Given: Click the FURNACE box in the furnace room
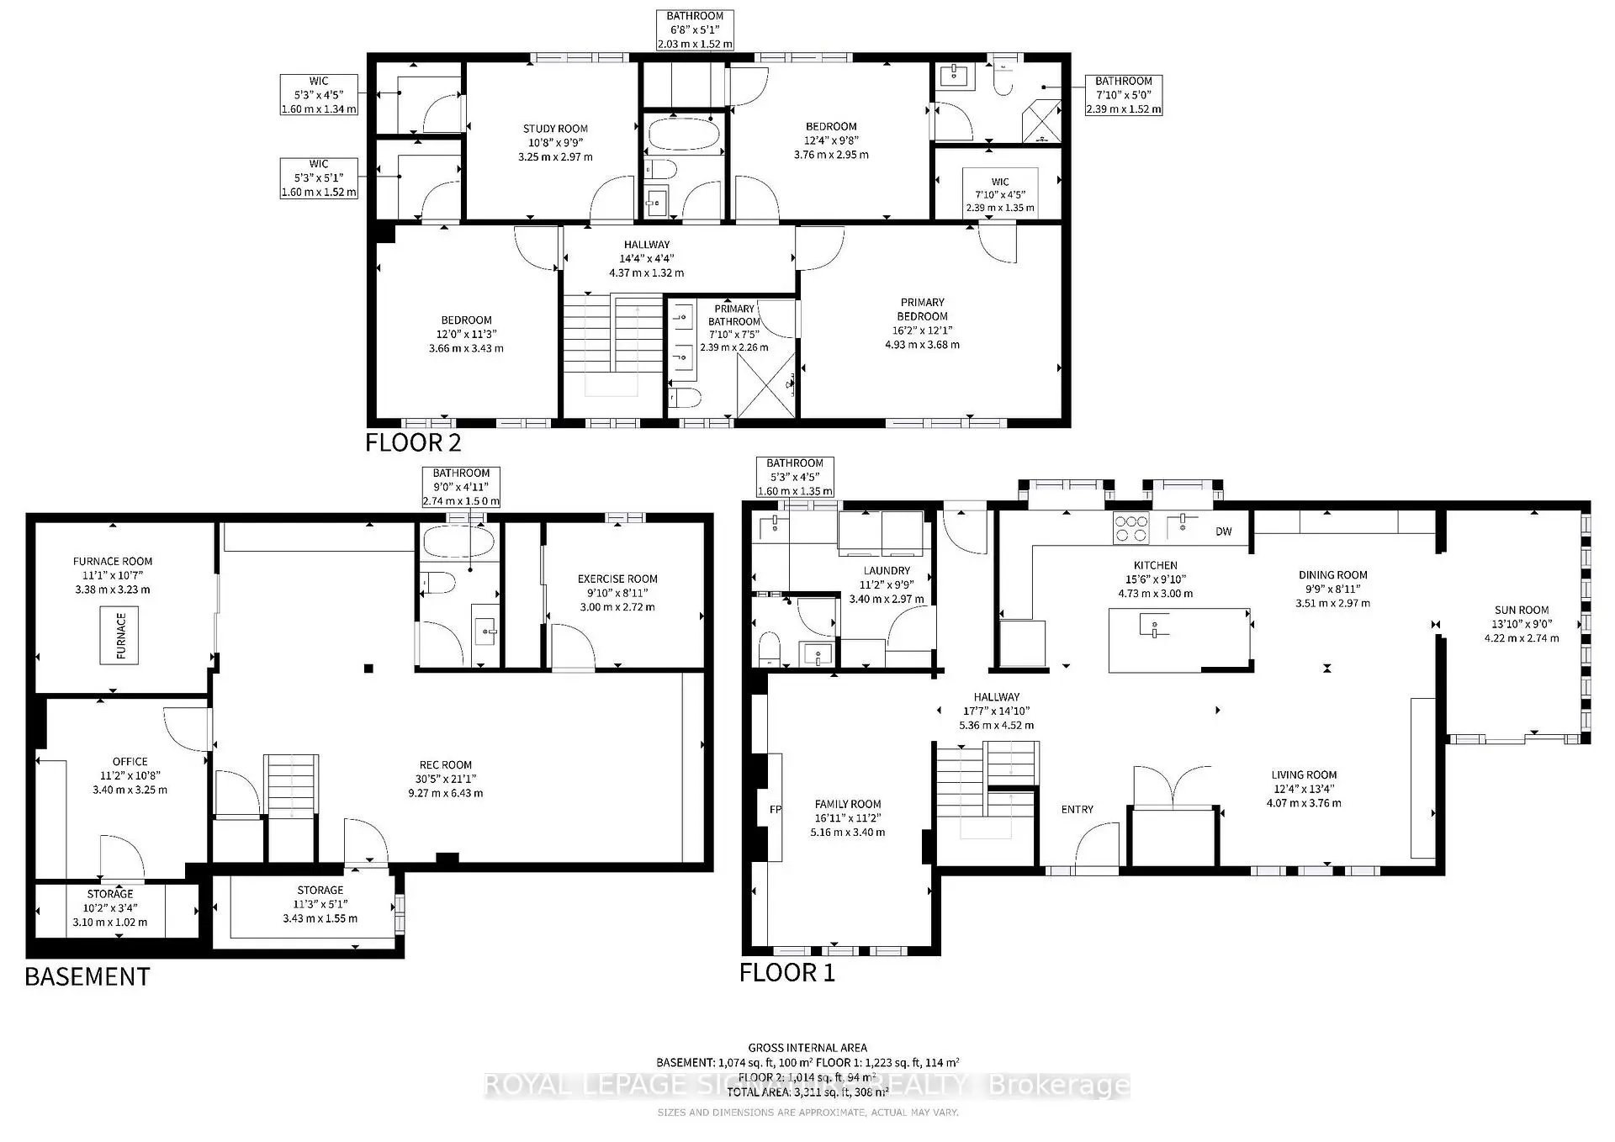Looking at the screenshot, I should coord(119,635).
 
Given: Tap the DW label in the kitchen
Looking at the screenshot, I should coord(1223,531).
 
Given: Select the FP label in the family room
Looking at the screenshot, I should coord(775,810).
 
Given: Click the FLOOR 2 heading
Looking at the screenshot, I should coord(413,442).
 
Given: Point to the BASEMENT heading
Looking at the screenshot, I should coord(87,976).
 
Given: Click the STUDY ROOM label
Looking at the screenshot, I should coord(555,129).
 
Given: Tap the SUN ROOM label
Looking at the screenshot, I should coord(1521,610).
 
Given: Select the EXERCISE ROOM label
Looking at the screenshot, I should coord(617,579).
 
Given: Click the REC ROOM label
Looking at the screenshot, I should coord(445,764).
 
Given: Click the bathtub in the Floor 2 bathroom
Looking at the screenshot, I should coord(683,135).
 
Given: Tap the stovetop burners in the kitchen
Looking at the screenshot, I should coord(1130,527).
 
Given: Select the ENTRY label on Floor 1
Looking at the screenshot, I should coord(1077,809).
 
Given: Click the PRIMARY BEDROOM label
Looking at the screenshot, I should coord(922,309).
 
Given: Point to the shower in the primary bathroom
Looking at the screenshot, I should coord(765,385).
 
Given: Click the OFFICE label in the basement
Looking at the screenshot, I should coord(130,761).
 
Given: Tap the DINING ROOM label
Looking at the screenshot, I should coord(1332,575).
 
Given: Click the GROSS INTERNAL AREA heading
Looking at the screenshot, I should coord(807,1048).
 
